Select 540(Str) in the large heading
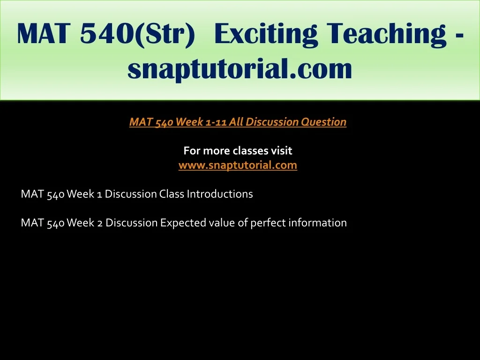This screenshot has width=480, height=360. [137, 34]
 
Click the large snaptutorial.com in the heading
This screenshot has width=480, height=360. [240, 69]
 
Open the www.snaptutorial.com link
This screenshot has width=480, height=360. [238, 165]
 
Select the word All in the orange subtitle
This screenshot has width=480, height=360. [236, 122]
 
